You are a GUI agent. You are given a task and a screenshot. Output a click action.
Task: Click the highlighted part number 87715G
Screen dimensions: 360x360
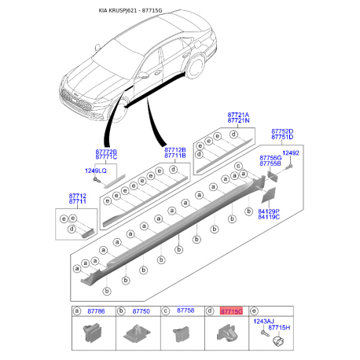click(x=231, y=311)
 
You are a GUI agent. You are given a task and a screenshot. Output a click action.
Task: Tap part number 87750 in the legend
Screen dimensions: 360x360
click(x=141, y=311)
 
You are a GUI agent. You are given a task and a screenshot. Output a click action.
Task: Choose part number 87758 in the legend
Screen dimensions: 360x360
click(x=186, y=311)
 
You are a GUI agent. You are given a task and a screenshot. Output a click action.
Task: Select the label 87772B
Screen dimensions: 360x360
click(x=106, y=151)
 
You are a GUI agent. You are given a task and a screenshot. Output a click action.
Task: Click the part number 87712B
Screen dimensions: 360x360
click(x=175, y=149)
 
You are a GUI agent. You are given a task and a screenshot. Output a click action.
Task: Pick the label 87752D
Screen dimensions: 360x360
click(x=282, y=131)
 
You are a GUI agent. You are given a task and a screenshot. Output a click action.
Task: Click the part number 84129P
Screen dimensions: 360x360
click(x=268, y=211)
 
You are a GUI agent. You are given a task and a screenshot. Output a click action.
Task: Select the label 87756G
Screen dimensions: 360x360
click(x=271, y=157)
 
